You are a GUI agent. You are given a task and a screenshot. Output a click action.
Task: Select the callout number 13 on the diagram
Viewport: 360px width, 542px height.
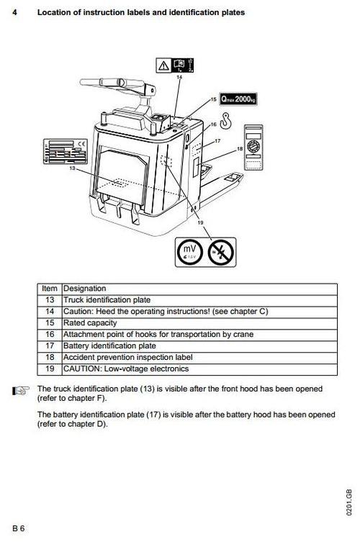click(x=73, y=168)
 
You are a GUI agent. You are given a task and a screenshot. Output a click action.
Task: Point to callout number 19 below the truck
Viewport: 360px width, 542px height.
click(x=199, y=222)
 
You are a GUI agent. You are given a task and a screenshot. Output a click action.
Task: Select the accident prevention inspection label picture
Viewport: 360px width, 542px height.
click(x=252, y=148)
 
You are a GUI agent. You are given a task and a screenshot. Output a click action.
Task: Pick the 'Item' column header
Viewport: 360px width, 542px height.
click(x=50, y=288)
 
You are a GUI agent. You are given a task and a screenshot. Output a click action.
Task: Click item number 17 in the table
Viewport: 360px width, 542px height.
click(x=50, y=345)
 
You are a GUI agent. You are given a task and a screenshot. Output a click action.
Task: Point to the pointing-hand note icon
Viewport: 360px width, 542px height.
click(x=20, y=391)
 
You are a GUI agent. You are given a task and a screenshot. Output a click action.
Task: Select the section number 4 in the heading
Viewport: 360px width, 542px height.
click(x=15, y=12)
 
